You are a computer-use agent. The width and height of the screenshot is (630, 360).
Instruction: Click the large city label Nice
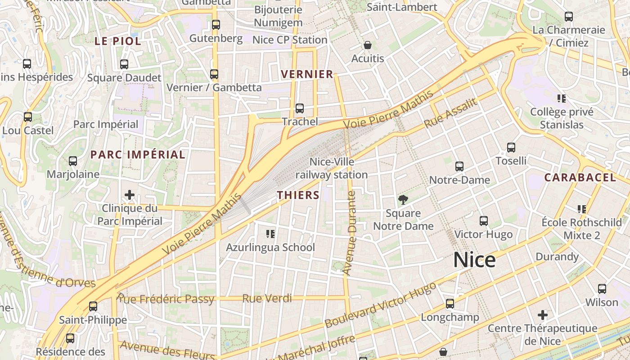click(474, 260)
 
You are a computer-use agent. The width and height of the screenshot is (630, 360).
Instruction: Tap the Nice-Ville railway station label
click(332, 168)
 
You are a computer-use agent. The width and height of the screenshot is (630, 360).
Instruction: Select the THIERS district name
click(298, 195)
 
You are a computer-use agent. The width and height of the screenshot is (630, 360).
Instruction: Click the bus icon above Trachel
click(300, 108)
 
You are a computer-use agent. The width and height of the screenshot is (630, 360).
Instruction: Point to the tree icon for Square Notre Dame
click(403, 199)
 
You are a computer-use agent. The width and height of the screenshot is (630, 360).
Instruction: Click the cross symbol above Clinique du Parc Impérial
click(130, 195)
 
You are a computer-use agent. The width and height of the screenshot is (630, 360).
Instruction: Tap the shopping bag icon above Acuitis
click(368, 45)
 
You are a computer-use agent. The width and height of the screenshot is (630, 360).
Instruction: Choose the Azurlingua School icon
click(270, 234)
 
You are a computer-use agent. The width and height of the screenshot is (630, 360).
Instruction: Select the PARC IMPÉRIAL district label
click(138, 154)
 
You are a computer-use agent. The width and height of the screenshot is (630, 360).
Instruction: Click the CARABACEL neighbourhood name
click(580, 177)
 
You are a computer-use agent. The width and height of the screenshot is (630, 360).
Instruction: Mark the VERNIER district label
click(307, 74)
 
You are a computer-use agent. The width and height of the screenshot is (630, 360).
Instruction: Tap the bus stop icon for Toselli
click(511, 148)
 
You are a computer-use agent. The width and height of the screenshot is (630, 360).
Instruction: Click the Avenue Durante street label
click(350, 233)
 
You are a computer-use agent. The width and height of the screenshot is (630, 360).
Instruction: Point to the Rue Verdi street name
click(267, 298)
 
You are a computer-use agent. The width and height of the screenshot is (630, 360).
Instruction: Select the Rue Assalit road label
click(450, 112)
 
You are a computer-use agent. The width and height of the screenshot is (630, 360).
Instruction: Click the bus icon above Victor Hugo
click(484, 221)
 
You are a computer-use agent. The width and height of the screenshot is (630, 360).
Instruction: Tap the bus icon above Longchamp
click(450, 304)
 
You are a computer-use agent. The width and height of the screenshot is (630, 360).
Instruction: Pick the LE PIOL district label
click(117, 41)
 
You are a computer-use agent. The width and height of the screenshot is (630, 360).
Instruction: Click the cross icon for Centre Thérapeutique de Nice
click(543, 315)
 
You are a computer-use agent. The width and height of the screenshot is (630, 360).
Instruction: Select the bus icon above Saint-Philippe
click(93, 306)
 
